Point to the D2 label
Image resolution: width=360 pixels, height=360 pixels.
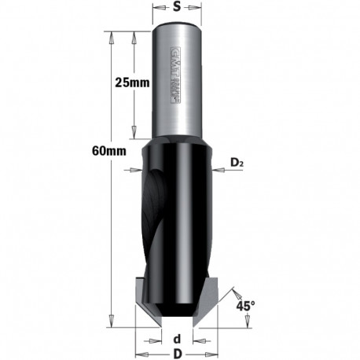pyautogui.click(x=237, y=163)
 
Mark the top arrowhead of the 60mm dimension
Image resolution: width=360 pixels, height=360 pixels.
pyautogui.click(x=114, y=37)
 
